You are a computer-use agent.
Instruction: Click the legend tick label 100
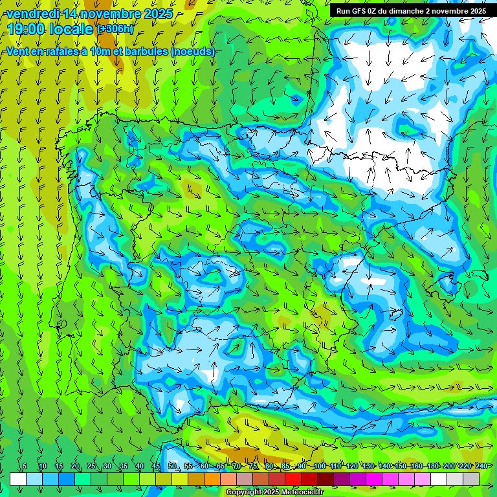point(320,467)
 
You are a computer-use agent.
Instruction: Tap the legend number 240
point(481,467)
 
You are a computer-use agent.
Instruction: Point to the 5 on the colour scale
point(25,467)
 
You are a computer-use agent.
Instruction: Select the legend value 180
point(432,467)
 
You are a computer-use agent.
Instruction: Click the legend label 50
point(172,467)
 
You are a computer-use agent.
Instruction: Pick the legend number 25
point(91,467)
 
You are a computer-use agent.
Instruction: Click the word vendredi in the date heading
point(32,14)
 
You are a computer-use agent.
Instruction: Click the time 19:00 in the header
point(27,29)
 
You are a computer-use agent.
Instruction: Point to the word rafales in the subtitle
point(63,52)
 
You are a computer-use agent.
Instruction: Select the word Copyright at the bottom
point(245,492)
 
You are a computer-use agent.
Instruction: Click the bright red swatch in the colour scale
point(293,479)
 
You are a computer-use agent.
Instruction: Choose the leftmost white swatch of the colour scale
point(18,479)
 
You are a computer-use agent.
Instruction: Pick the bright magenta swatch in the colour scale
point(374,479)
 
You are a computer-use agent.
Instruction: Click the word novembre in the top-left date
point(105,14)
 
